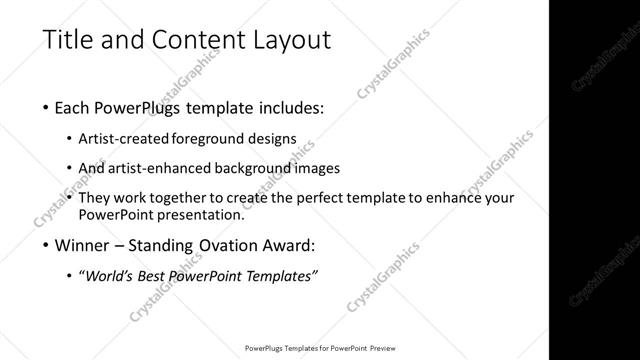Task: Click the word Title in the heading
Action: pos(68,41)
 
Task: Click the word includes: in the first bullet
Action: pos(288,107)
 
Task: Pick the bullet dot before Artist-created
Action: pos(68,138)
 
